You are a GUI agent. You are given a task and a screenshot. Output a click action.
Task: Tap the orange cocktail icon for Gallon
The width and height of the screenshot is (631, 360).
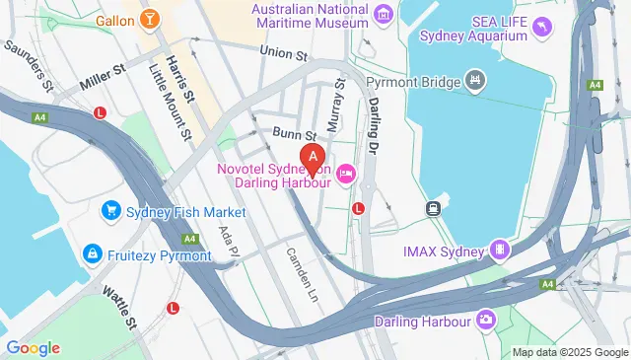click(x=149, y=19)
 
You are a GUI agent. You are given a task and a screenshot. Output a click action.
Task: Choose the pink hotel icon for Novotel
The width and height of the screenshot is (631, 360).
click(x=346, y=175)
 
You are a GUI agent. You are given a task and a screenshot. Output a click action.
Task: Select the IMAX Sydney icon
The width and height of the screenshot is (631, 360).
click(x=500, y=251)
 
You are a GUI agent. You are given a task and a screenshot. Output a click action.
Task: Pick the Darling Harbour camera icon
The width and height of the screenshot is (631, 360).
click(x=486, y=321)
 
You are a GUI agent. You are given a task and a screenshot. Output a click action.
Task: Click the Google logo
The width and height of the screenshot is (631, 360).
click(x=33, y=347)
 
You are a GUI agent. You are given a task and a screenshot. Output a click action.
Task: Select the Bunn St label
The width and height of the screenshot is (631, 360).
click(x=295, y=135)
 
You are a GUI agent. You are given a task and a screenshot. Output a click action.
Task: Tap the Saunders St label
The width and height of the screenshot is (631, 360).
click(x=29, y=64)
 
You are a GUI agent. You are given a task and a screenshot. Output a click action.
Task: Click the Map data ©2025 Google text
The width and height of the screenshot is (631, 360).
click(x=570, y=352)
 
